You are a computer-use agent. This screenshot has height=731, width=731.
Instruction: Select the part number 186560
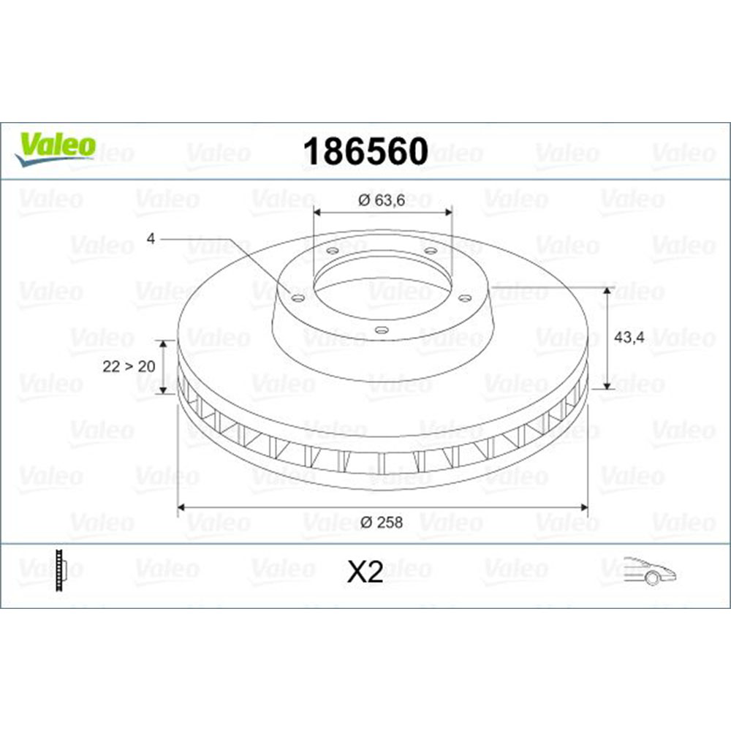[365, 152]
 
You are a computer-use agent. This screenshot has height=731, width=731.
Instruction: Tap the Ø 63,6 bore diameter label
[382, 199]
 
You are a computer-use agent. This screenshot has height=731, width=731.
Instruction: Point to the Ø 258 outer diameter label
[382, 522]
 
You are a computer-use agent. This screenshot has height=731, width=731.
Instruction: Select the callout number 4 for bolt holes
[151, 238]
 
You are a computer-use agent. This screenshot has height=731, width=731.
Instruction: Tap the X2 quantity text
[365, 572]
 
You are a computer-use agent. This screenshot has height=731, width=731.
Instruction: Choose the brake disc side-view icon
[61, 569]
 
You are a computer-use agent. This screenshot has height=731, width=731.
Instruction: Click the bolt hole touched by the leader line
[296, 296]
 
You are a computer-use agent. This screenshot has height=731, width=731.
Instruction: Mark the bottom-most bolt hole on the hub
[379, 330]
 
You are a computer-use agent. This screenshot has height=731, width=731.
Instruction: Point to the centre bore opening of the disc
[380, 285]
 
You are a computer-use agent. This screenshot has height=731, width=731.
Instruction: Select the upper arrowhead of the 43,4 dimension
[607, 292]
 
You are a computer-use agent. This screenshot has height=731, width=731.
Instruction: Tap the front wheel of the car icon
[651, 578]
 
